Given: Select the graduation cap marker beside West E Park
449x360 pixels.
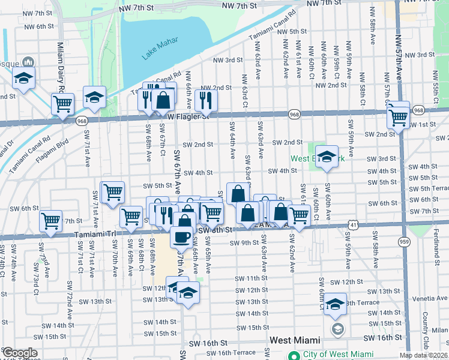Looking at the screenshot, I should [327, 157].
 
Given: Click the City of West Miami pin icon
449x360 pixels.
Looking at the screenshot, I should [294, 355].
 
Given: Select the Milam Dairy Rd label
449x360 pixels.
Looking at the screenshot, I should [61, 66].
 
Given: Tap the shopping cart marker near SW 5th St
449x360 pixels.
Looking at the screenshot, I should [112, 193].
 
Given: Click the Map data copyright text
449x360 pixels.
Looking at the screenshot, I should [424, 355].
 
